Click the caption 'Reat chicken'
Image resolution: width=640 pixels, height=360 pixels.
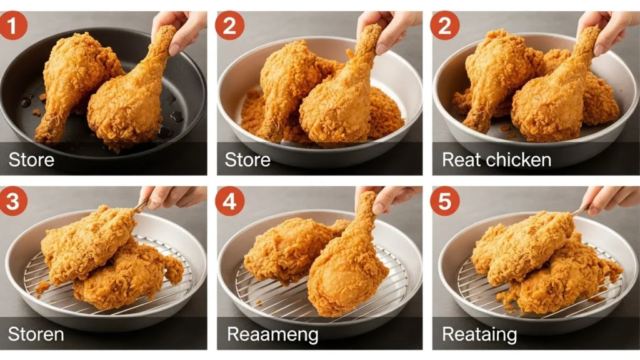pyautogui.click(x=496, y=160)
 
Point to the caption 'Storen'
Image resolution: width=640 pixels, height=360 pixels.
pyautogui.click(x=36, y=334)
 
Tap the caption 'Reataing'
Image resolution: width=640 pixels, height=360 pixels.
pyautogui.click(x=479, y=334)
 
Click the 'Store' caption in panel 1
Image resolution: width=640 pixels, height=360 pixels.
pyautogui.click(x=31, y=160)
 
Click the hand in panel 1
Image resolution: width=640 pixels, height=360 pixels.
pyautogui.click(x=181, y=28)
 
